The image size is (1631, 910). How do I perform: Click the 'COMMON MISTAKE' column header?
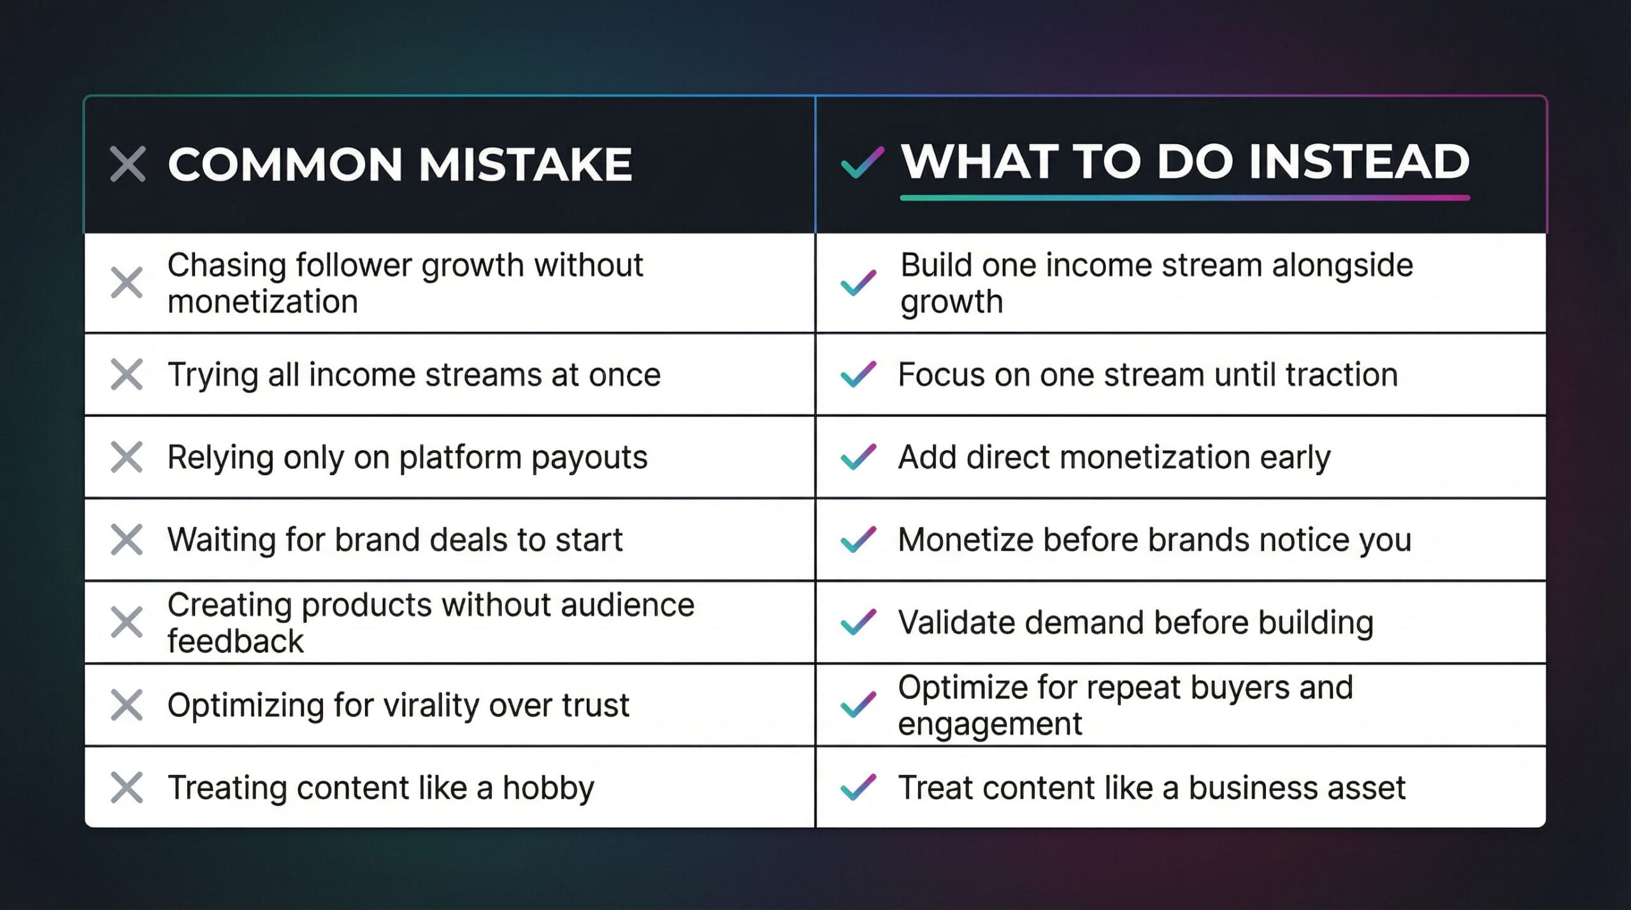(400, 164)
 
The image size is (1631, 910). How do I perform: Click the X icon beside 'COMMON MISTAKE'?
(127, 164)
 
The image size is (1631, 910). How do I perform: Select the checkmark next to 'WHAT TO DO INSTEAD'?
(862, 162)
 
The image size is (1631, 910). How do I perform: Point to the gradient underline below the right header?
(1185, 198)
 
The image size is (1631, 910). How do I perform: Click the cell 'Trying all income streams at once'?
(414, 374)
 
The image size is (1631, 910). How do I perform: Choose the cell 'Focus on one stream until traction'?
(1147, 374)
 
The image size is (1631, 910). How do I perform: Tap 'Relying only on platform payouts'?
(408, 457)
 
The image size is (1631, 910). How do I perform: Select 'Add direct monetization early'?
(1114, 457)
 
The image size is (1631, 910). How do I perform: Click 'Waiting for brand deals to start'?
(395, 540)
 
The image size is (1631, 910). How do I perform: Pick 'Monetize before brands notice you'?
(1154, 540)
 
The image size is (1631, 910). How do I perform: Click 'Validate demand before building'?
(1136, 622)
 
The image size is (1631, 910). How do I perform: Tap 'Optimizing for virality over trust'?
(398, 705)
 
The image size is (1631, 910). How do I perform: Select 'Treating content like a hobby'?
(381, 788)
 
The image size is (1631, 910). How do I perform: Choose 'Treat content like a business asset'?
(1152, 788)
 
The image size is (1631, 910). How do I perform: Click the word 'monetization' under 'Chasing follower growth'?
(262, 301)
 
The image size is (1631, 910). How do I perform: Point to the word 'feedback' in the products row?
(236, 641)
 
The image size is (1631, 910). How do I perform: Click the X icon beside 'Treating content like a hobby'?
(127, 788)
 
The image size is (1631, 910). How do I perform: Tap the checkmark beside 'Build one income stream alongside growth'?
(859, 283)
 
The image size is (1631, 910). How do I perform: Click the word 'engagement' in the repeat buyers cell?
(989, 724)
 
